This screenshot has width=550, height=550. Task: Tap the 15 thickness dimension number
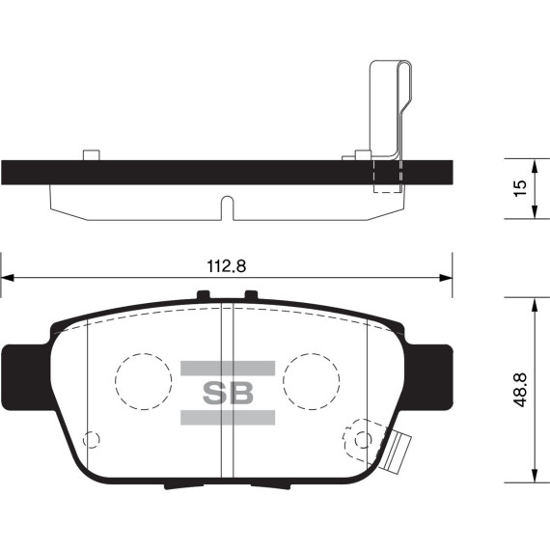(x=518, y=186)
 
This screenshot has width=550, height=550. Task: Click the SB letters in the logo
(x=228, y=394)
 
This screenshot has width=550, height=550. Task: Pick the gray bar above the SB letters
(x=228, y=369)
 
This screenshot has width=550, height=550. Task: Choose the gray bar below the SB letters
(x=228, y=418)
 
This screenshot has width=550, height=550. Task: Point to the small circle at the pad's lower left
(x=92, y=440)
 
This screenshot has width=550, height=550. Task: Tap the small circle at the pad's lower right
(x=363, y=440)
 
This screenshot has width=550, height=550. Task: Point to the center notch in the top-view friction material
(x=228, y=206)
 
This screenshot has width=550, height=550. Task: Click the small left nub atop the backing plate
(x=92, y=154)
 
